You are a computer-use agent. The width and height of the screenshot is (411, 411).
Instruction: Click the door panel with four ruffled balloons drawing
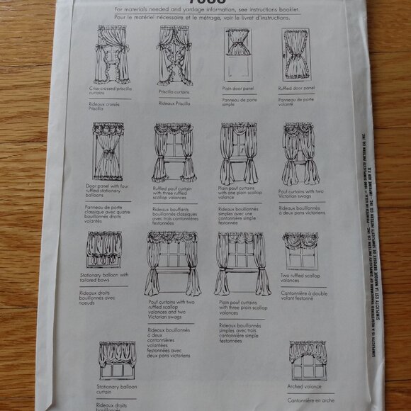[x=108, y=152]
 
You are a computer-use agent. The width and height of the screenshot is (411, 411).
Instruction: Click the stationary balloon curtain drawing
[x=117, y=360]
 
